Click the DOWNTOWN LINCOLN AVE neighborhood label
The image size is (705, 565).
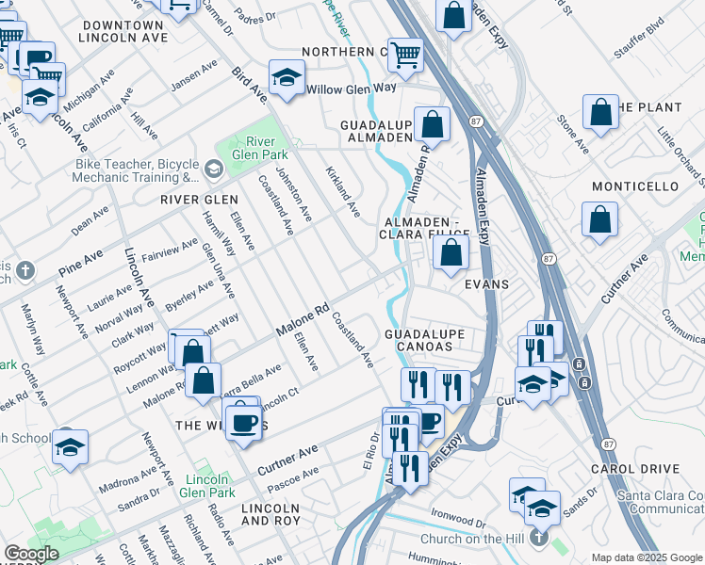(123, 31)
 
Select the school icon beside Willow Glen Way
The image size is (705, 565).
(287, 77)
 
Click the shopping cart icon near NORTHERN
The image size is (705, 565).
(405, 56)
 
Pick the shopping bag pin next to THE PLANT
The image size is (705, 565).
(600, 113)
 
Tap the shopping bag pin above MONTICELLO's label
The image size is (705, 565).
(600, 220)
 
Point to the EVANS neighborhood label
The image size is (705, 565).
(485, 284)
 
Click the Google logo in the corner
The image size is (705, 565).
(31, 554)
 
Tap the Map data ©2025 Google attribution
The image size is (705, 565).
(646, 557)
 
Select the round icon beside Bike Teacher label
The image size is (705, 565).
(213, 169)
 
